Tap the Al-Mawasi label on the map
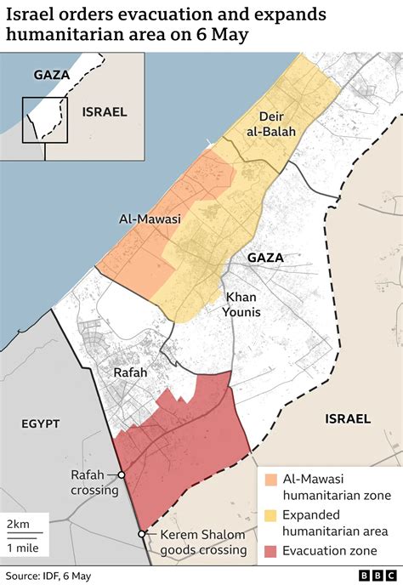149,219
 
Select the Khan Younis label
242,304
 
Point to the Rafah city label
130,372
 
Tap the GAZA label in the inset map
51,75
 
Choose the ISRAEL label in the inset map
104,111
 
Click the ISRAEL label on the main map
347,418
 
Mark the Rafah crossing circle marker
122,475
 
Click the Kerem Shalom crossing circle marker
141,534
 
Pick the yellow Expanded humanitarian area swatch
270,515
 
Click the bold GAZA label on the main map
265,257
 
